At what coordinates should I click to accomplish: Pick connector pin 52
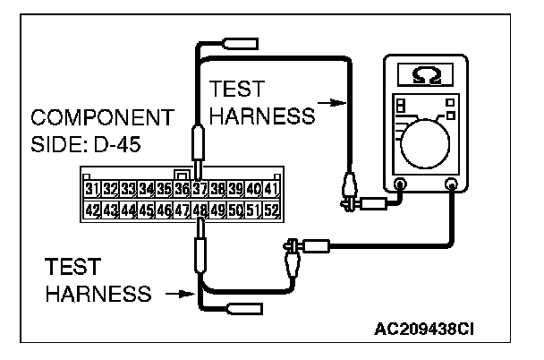click(272, 210)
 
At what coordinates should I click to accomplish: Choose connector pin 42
click(91, 210)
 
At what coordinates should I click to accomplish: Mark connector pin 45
click(146, 210)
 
